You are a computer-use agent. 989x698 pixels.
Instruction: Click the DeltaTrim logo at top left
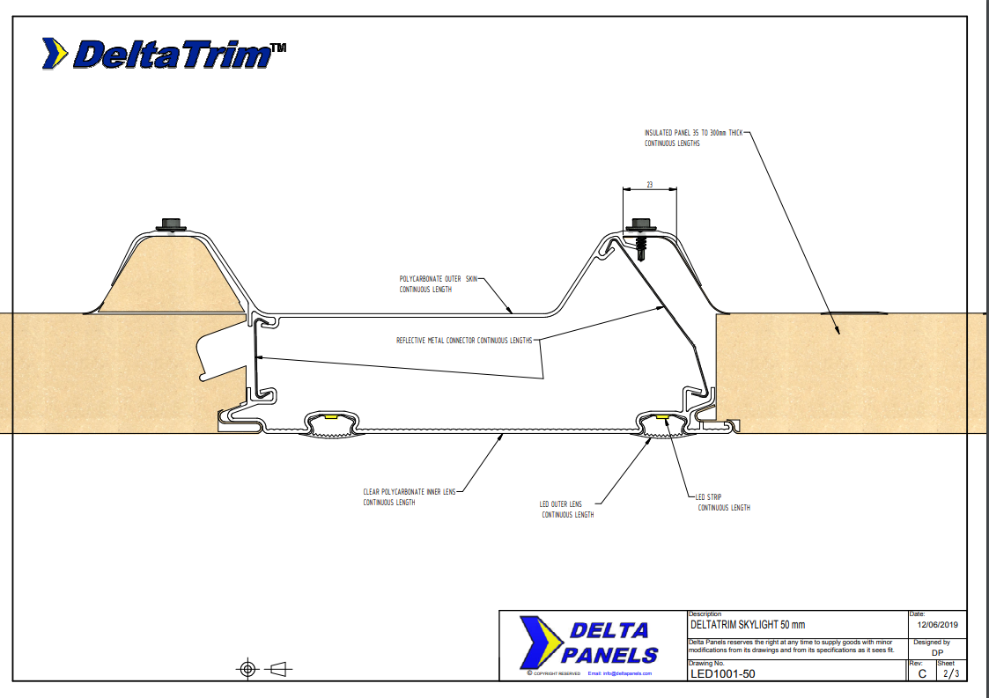[x=164, y=55]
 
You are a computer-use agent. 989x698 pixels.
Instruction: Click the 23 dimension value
[x=649, y=186]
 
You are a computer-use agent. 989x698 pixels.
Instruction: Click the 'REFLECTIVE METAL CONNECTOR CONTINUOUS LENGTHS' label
[x=464, y=340]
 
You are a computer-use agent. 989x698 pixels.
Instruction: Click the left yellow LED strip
[x=332, y=417]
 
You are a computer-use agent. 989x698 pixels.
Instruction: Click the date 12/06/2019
[x=937, y=624]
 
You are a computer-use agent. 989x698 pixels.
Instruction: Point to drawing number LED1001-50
[x=722, y=674]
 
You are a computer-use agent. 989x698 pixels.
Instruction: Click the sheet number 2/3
[x=950, y=674]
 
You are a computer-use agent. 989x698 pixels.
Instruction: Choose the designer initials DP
[x=936, y=652]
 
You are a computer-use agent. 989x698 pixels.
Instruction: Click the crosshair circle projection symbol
[x=247, y=669]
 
